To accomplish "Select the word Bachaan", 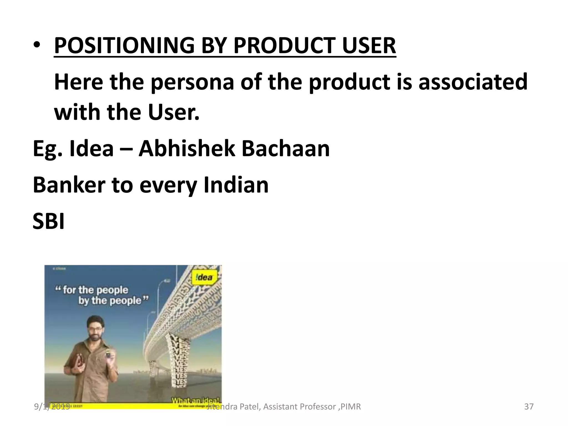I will tap(286, 149).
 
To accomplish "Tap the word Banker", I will tap(69, 185).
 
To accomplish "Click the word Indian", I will tap(236, 185).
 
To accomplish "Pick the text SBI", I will tap(49, 221).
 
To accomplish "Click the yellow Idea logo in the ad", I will tap(204, 277).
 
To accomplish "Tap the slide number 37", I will tap(529, 407).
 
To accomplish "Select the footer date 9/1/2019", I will tap(52, 407).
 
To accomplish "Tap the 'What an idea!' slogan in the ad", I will tap(196, 400).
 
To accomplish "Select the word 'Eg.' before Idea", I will tap(47, 149).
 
